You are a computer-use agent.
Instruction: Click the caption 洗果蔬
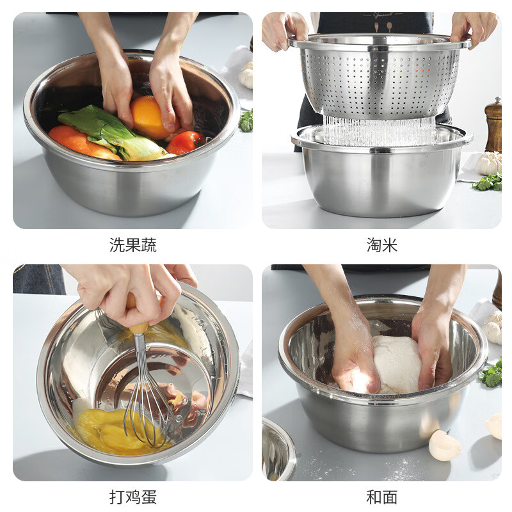(x=132, y=245)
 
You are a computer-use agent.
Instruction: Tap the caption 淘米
(x=382, y=245)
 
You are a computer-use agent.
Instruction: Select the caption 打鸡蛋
(x=132, y=497)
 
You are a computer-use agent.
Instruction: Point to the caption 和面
(x=382, y=497)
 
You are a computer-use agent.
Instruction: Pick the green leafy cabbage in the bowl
(x=109, y=131)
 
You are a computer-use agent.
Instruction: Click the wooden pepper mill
(x=493, y=125)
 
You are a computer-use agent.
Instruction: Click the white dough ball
(x=397, y=365)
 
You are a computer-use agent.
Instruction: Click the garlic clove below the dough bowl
(x=444, y=445)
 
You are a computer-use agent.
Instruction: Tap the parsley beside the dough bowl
(x=492, y=374)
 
